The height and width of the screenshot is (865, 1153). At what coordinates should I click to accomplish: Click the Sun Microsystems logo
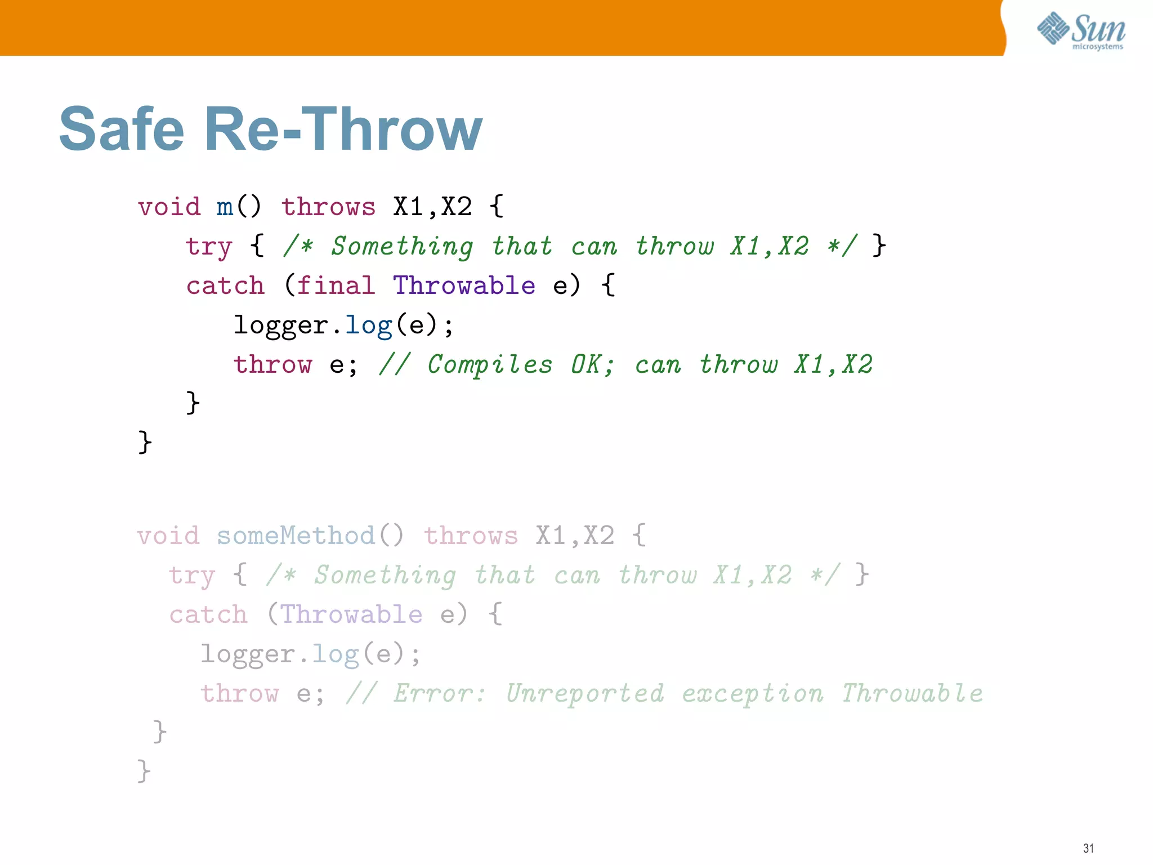click(x=1080, y=31)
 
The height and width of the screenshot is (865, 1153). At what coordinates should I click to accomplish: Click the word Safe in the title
click(x=122, y=130)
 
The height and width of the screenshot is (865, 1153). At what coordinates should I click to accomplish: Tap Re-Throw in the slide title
click(x=343, y=130)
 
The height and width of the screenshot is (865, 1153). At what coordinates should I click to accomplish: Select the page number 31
click(x=1088, y=848)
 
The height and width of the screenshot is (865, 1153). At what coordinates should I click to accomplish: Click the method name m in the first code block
click(x=225, y=207)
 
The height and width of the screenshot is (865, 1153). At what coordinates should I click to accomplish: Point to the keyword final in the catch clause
click(x=336, y=286)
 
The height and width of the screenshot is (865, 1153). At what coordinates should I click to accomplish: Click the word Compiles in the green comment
click(x=490, y=365)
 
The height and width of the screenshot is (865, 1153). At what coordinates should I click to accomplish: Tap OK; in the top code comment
click(x=592, y=365)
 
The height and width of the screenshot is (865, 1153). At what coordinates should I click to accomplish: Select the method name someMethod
click(x=296, y=536)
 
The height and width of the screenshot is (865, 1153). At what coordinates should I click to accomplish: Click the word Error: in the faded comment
click(x=439, y=693)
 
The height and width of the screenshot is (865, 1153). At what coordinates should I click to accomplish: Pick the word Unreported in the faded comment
click(x=585, y=693)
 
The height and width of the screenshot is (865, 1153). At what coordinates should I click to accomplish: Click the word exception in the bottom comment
click(x=753, y=693)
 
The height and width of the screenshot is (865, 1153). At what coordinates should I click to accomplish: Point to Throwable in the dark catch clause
click(x=464, y=286)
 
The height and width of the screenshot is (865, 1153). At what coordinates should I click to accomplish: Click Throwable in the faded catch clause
click(x=351, y=614)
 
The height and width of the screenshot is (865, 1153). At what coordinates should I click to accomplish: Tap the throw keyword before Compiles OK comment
click(x=273, y=365)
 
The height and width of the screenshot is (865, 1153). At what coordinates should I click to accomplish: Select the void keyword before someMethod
click(x=168, y=536)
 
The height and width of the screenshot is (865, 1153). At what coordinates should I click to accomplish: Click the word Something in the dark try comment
click(x=402, y=247)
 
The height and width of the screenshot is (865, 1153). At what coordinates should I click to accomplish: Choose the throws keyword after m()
click(x=328, y=207)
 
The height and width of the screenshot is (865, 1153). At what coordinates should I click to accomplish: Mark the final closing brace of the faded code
click(x=144, y=770)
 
